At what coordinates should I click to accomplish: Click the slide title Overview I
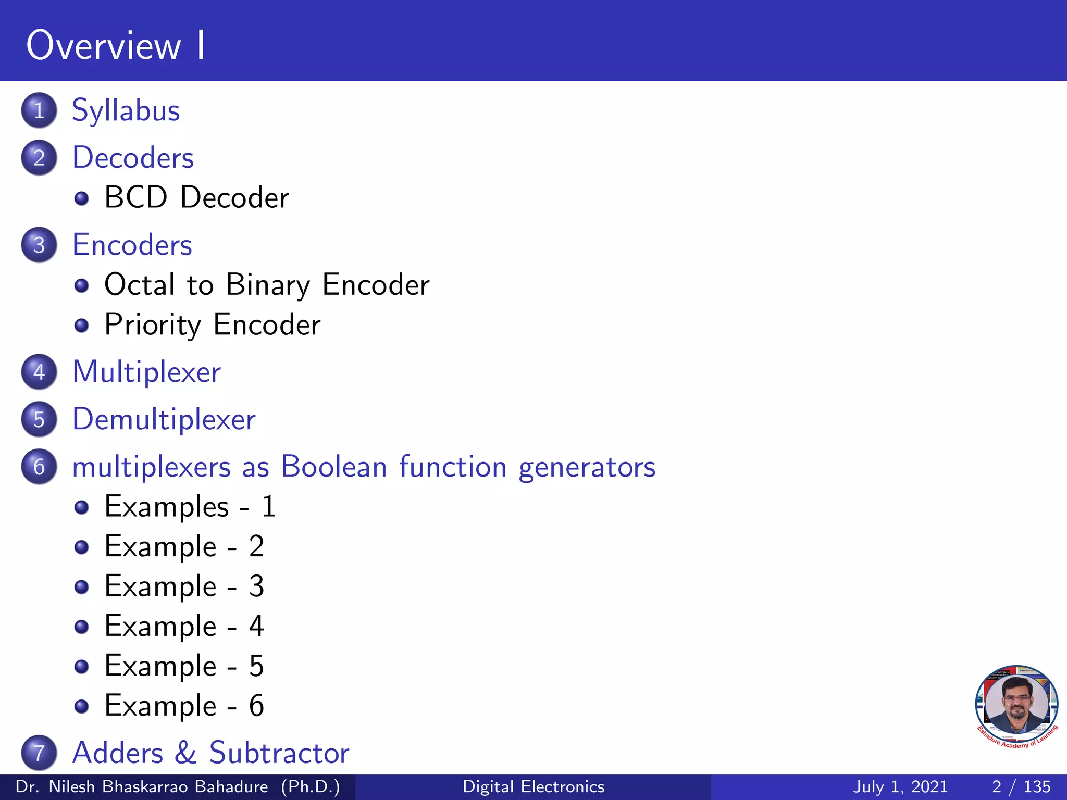(x=116, y=46)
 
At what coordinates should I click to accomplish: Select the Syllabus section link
(x=126, y=111)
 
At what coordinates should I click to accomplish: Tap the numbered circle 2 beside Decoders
(x=39, y=158)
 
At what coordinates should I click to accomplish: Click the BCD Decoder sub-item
(x=196, y=198)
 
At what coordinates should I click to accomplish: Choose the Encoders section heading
(x=132, y=245)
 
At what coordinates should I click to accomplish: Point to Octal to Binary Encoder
(x=267, y=285)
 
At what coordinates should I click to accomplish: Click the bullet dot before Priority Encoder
(x=81, y=326)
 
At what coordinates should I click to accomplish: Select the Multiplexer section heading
(x=146, y=372)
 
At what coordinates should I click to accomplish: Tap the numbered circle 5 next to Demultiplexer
(x=39, y=419)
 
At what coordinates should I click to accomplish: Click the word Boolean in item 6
(x=334, y=467)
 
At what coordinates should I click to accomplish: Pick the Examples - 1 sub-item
(x=190, y=507)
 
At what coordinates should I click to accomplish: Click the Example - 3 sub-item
(x=184, y=586)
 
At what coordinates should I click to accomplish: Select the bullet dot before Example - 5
(x=81, y=667)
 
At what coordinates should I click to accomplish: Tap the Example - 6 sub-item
(x=184, y=706)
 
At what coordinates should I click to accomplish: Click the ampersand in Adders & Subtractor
(x=186, y=753)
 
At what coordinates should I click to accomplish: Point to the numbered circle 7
(x=39, y=753)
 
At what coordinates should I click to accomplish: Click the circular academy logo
(x=1016, y=706)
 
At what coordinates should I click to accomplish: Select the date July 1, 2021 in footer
(x=900, y=786)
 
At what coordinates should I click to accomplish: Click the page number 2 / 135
(x=1021, y=786)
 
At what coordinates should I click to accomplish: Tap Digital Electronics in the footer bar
(x=533, y=786)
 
